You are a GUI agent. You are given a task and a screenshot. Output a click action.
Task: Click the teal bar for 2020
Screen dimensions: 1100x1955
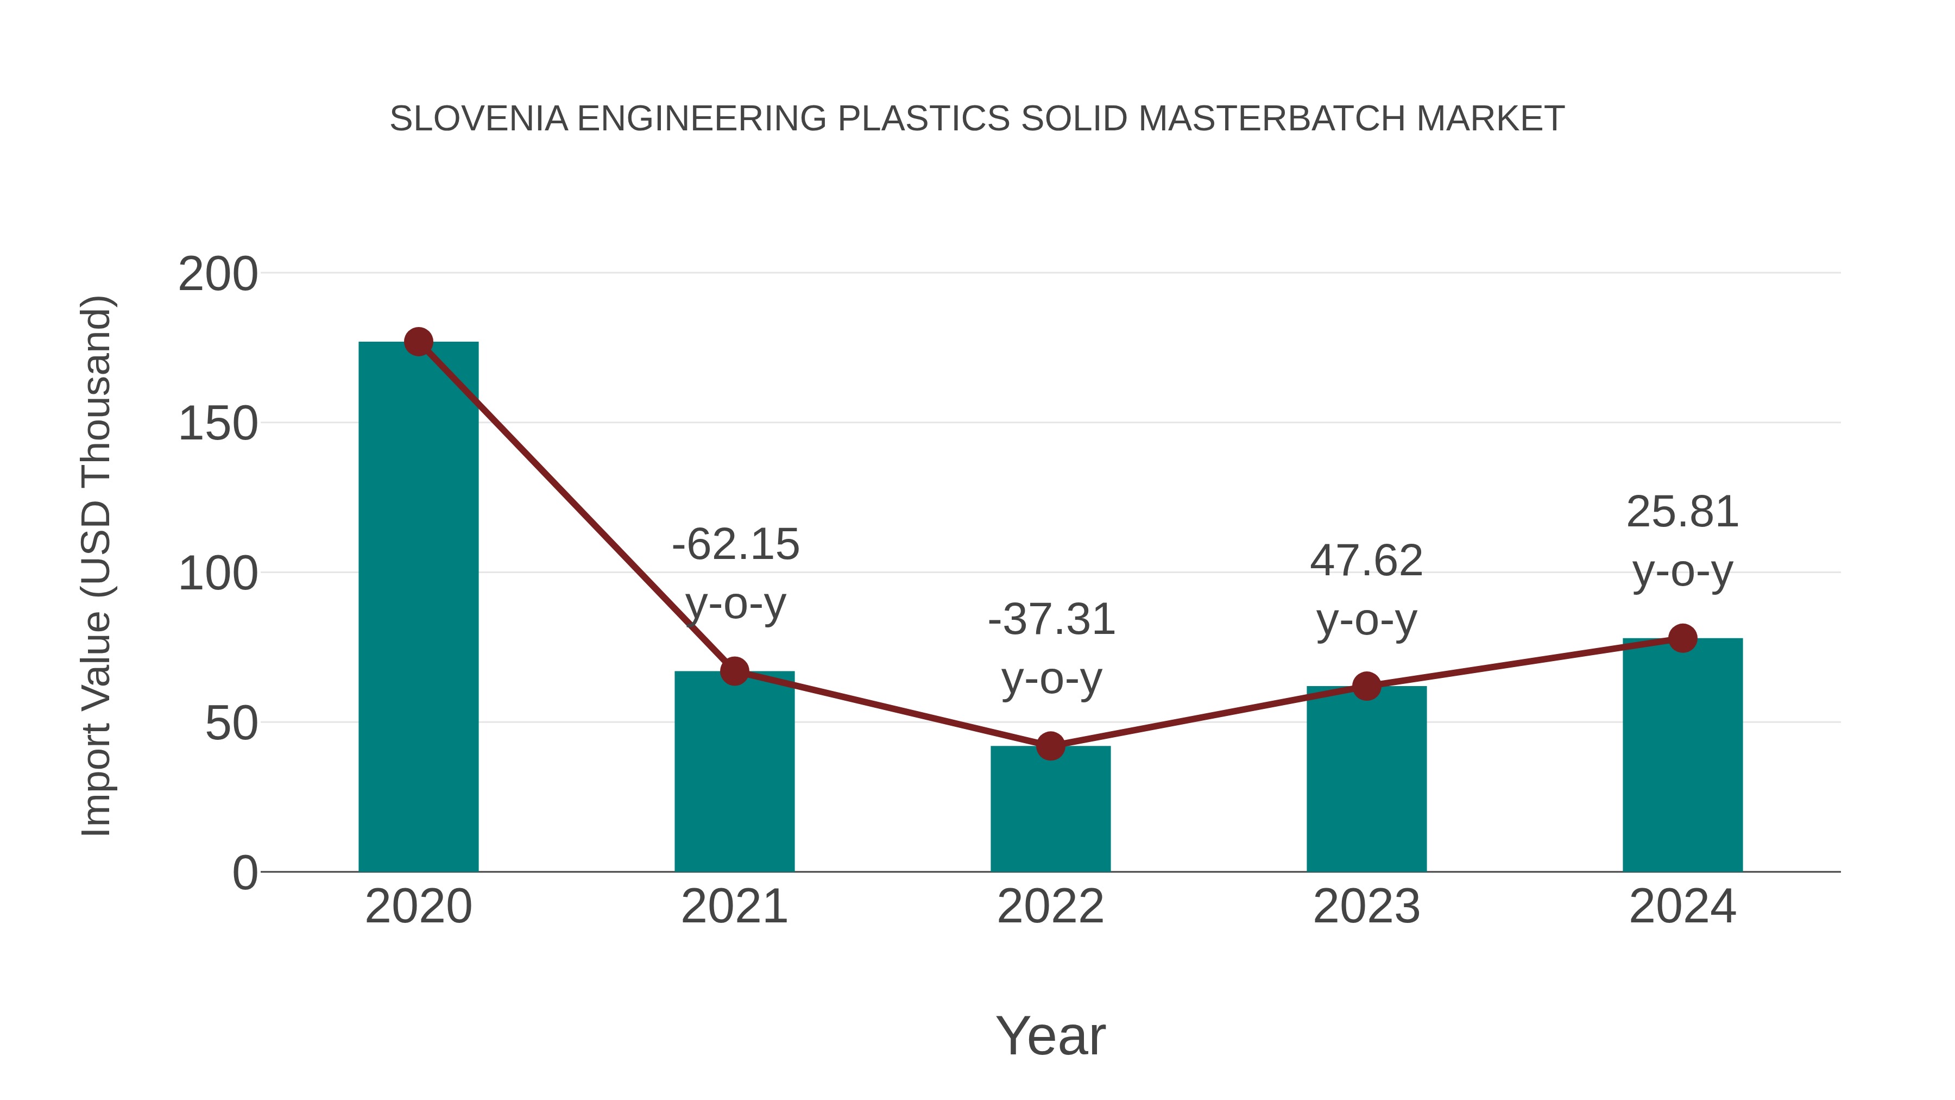(x=418, y=607)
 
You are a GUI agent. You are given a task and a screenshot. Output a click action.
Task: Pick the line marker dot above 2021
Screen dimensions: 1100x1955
(x=735, y=671)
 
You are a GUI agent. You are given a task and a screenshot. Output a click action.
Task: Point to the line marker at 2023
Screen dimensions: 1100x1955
(x=1366, y=686)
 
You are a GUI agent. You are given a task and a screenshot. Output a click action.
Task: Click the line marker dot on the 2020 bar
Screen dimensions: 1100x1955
(x=418, y=342)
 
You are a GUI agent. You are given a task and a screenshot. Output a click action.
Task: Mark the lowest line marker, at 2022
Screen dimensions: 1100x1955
(x=1050, y=746)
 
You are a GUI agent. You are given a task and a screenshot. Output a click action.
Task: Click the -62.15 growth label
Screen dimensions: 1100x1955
(x=735, y=545)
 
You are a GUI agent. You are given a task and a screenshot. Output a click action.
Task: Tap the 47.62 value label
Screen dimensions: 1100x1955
(x=1366, y=561)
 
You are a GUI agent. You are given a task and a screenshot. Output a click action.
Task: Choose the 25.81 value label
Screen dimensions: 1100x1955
(x=1682, y=512)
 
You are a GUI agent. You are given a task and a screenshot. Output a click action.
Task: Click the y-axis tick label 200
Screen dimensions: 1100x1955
(x=218, y=274)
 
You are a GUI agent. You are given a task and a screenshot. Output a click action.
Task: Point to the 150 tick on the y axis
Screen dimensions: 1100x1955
(x=218, y=424)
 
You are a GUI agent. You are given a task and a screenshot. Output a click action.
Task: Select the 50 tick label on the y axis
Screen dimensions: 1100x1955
(x=231, y=724)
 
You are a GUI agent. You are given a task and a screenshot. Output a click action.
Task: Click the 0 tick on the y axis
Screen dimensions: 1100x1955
(x=245, y=873)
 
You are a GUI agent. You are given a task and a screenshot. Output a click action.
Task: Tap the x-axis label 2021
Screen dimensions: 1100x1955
(x=735, y=907)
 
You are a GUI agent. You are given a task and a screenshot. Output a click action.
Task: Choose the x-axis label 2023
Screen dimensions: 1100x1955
(x=1366, y=907)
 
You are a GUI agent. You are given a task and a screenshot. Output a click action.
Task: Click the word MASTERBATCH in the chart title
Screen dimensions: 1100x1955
(x=1272, y=119)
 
